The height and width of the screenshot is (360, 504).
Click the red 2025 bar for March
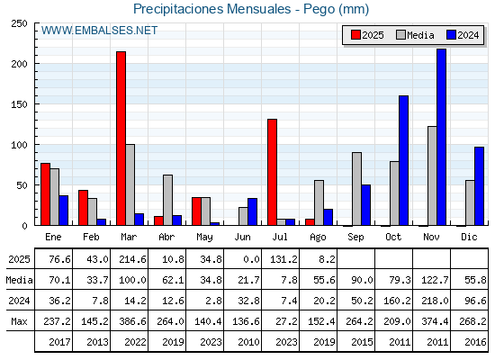[x=121, y=139]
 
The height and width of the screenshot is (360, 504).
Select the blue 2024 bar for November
[x=441, y=137]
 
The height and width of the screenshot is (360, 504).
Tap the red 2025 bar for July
[x=272, y=172]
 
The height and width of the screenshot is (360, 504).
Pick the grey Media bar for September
[x=356, y=189]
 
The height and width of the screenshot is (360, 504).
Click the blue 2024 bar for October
[x=403, y=160]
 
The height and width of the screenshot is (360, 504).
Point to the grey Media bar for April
[x=167, y=200]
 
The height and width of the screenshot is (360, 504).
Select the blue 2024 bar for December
[x=479, y=186]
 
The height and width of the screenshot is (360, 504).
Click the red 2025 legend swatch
[x=355, y=35]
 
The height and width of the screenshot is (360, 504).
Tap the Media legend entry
[x=415, y=35]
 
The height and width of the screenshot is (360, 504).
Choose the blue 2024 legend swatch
[x=451, y=35]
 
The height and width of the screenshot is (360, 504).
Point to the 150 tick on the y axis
[x=19, y=104]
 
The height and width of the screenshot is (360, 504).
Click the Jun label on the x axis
[x=242, y=237]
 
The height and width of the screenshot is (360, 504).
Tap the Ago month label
[x=318, y=238]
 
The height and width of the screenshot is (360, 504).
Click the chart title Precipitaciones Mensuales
[x=212, y=9]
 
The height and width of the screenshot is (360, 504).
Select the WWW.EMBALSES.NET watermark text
[x=99, y=31]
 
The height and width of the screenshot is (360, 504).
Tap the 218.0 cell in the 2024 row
[x=435, y=301]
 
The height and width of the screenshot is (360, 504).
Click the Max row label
[x=19, y=321]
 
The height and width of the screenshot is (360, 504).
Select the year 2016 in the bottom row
[x=475, y=342]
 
